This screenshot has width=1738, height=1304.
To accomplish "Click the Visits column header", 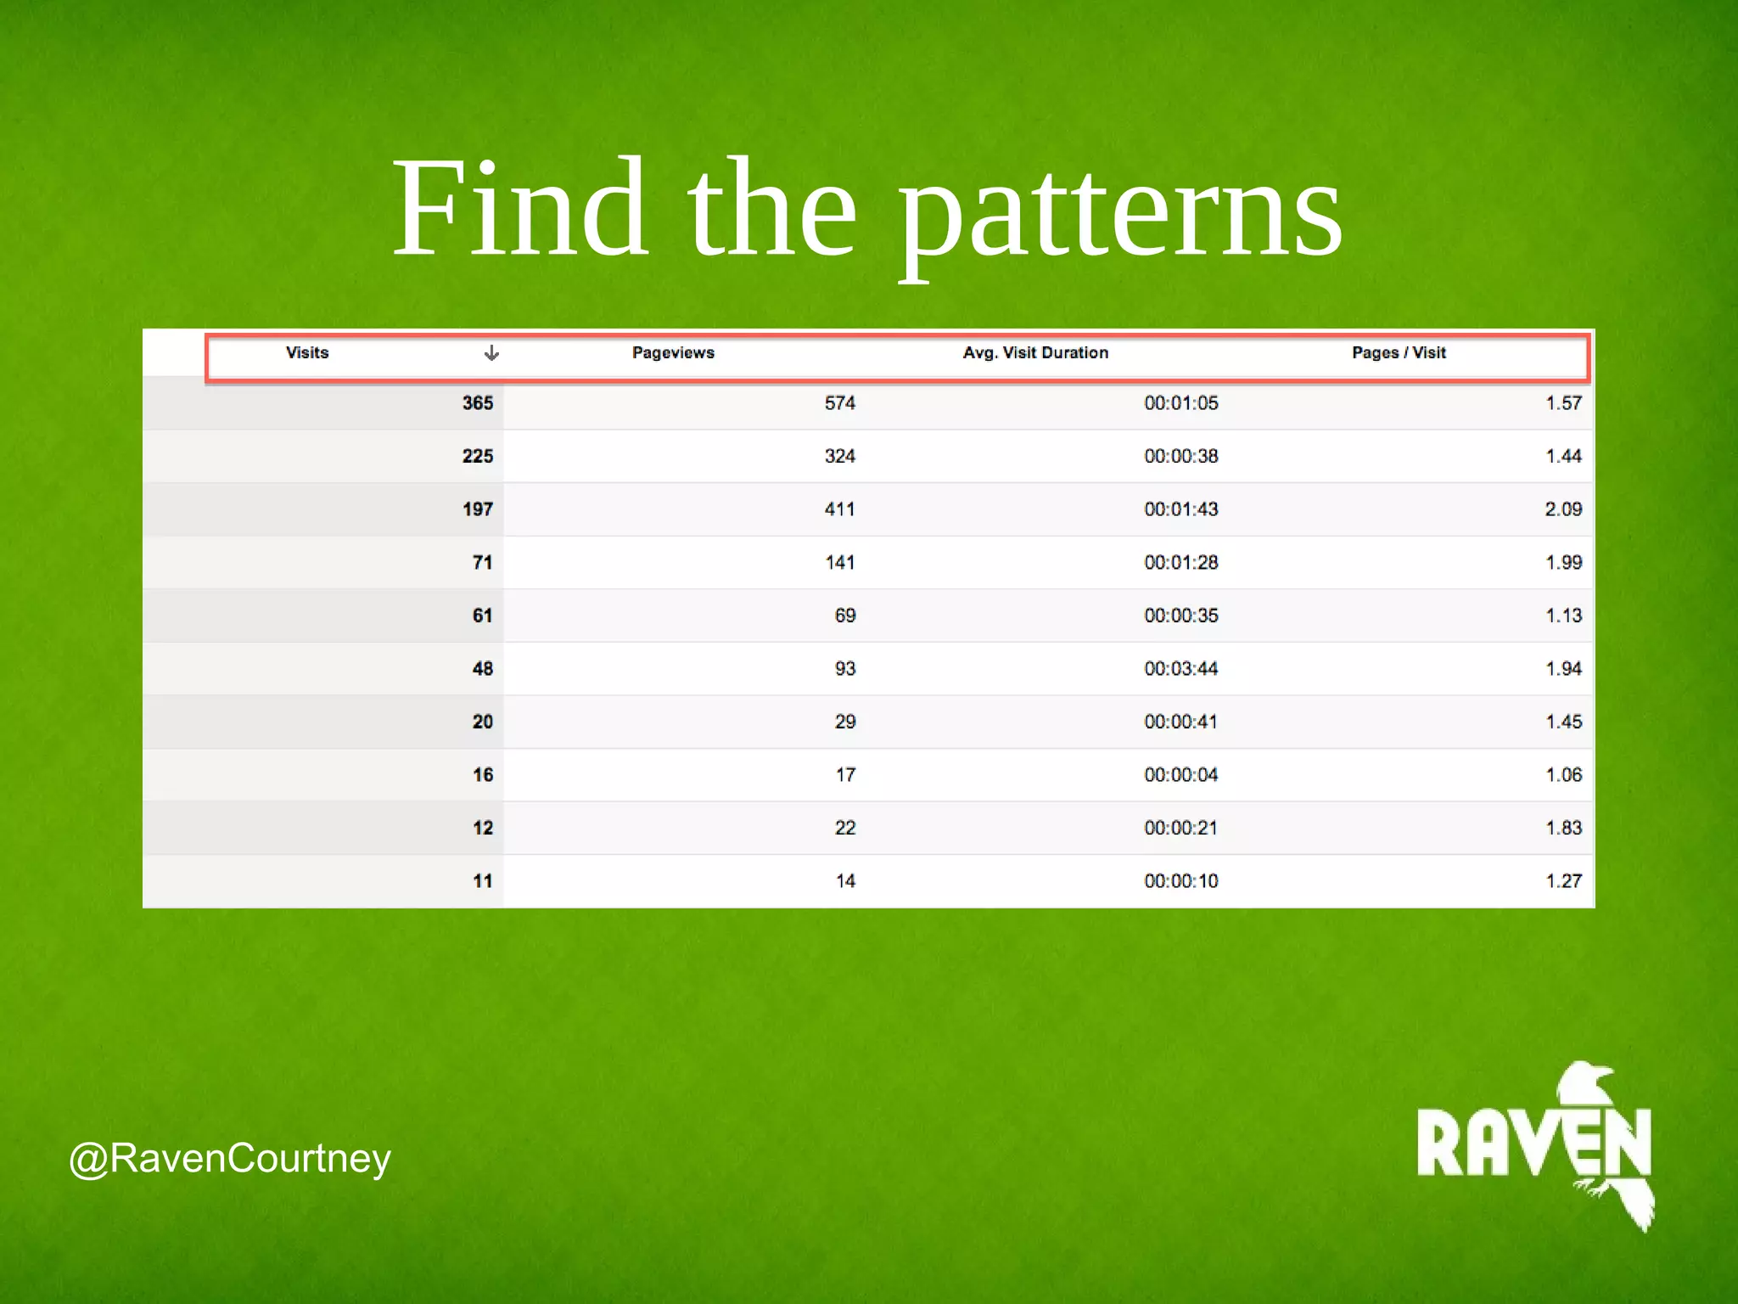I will pyautogui.click(x=307, y=353).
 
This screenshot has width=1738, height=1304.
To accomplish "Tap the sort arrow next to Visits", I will pyautogui.click(x=491, y=353).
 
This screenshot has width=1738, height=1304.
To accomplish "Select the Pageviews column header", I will pyautogui.click(x=673, y=353).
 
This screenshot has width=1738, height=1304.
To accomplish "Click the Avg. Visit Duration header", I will pyautogui.click(x=1035, y=353).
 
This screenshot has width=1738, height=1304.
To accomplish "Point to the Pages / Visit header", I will pyautogui.click(x=1399, y=353).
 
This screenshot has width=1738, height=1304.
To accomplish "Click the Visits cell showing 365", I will pyautogui.click(x=478, y=403).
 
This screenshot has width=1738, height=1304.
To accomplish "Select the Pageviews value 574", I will pyautogui.click(x=839, y=403).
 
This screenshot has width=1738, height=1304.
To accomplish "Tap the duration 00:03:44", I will pyautogui.click(x=1180, y=669).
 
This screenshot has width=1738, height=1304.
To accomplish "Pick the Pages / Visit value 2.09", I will pyautogui.click(x=1563, y=509).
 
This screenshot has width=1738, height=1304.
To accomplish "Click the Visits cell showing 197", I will pyautogui.click(x=478, y=509).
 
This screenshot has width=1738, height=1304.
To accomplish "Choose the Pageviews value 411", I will pyautogui.click(x=839, y=509).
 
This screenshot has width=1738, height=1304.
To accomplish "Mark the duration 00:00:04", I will pyautogui.click(x=1180, y=775).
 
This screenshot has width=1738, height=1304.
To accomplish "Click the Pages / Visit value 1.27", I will pyautogui.click(x=1563, y=881).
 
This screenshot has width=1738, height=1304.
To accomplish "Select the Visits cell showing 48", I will pyautogui.click(x=483, y=669).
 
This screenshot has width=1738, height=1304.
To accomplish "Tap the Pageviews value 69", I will pyautogui.click(x=845, y=615).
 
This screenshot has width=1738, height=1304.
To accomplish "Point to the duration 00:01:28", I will pyautogui.click(x=1180, y=563).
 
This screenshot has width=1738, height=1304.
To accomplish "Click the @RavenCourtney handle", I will pyautogui.click(x=230, y=1159).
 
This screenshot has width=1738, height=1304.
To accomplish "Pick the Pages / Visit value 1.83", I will pyautogui.click(x=1563, y=828).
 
